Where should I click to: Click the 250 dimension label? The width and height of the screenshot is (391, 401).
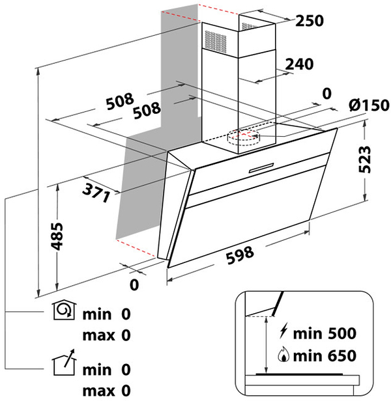[310, 21]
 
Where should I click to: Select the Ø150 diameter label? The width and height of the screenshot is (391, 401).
[368, 105]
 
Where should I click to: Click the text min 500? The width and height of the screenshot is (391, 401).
[324, 335]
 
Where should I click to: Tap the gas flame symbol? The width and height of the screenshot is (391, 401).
[282, 355]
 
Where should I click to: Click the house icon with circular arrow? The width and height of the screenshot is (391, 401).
[64, 314]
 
